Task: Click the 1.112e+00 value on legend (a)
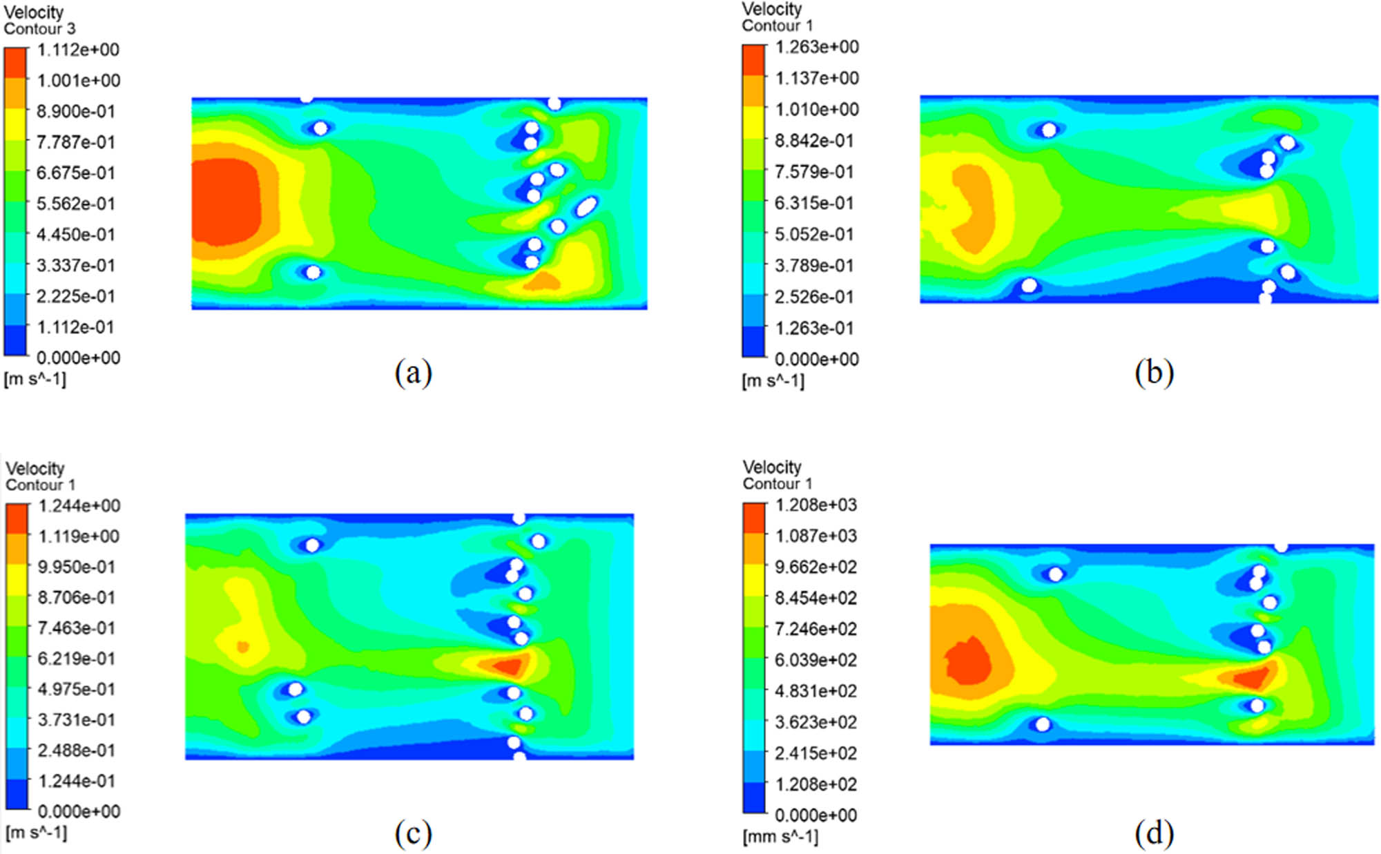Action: (77, 50)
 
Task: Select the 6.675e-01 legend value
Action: (75, 173)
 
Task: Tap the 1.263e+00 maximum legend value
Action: (816, 47)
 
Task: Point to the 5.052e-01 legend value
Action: (813, 234)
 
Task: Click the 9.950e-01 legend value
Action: (76, 567)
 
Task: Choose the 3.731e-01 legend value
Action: (76, 719)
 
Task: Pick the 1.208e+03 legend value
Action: (815, 505)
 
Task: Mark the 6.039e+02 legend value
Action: (815, 660)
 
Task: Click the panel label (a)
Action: (413, 373)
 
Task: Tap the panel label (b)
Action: (1154, 373)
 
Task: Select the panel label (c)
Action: (413, 833)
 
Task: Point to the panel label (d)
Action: (1154, 833)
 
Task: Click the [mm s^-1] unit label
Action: (780, 837)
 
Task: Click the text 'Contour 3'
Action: (39, 29)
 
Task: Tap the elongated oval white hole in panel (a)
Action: (586, 206)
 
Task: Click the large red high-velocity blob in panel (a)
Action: (225, 202)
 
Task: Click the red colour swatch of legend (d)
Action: (754, 518)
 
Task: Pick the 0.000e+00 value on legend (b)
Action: (816, 359)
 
